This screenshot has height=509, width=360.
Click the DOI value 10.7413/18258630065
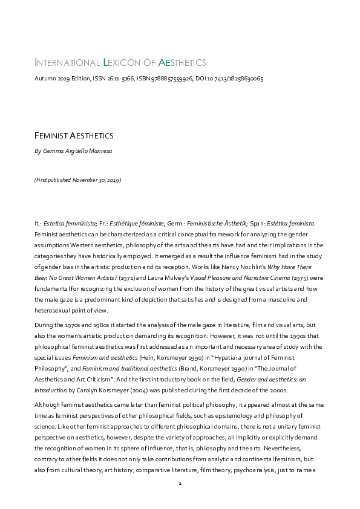point(237,79)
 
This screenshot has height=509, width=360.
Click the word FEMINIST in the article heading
point(56,136)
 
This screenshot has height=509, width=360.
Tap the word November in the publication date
point(85,180)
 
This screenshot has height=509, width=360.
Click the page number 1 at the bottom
point(180,484)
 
